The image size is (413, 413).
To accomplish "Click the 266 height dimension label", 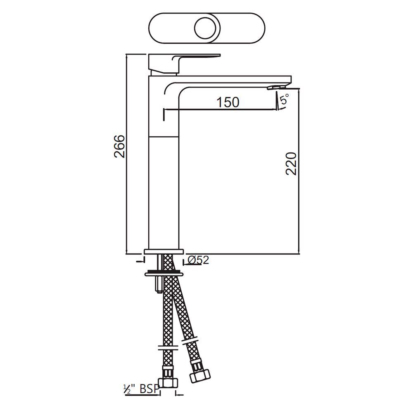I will click(x=119, y=146).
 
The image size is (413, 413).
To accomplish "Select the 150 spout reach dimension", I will click(x=228, y=102).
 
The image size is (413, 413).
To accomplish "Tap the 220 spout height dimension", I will click(x=292, y=164).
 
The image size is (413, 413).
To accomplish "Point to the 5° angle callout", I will click(x=285, y=100).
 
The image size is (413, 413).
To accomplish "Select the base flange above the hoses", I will click(x=164, y=252).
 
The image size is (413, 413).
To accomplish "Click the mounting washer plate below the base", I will click(x=164, y=273).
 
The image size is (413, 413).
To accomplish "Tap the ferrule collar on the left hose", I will click(x=166, y=346).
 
